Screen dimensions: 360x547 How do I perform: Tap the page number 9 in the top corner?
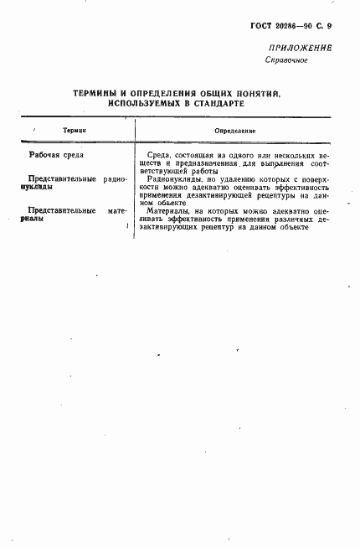(330, 27)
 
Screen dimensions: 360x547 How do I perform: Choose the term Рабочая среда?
(56, 155)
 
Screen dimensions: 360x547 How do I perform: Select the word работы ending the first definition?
(204, 171)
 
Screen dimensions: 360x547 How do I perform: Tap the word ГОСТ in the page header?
(262, 27)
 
